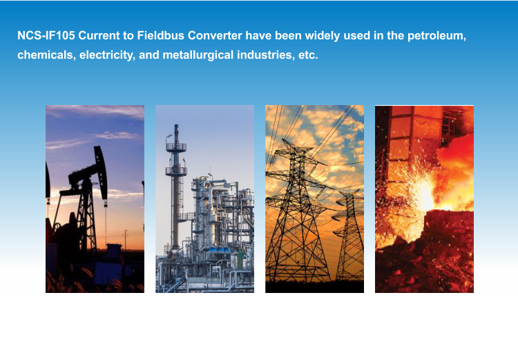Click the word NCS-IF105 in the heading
[46, 35]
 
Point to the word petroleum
[437, 36]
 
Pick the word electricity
[107, 55]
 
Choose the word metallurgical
[198, 55]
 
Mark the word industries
[266, 55]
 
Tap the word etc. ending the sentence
[308, 55]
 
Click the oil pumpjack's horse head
[101, 173]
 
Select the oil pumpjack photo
[95, 199]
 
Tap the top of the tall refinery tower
[176, 126]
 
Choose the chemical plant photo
[205, 199]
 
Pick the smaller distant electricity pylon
[349, 235]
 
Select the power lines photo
[314, 199]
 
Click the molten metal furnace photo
[424, 199]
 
